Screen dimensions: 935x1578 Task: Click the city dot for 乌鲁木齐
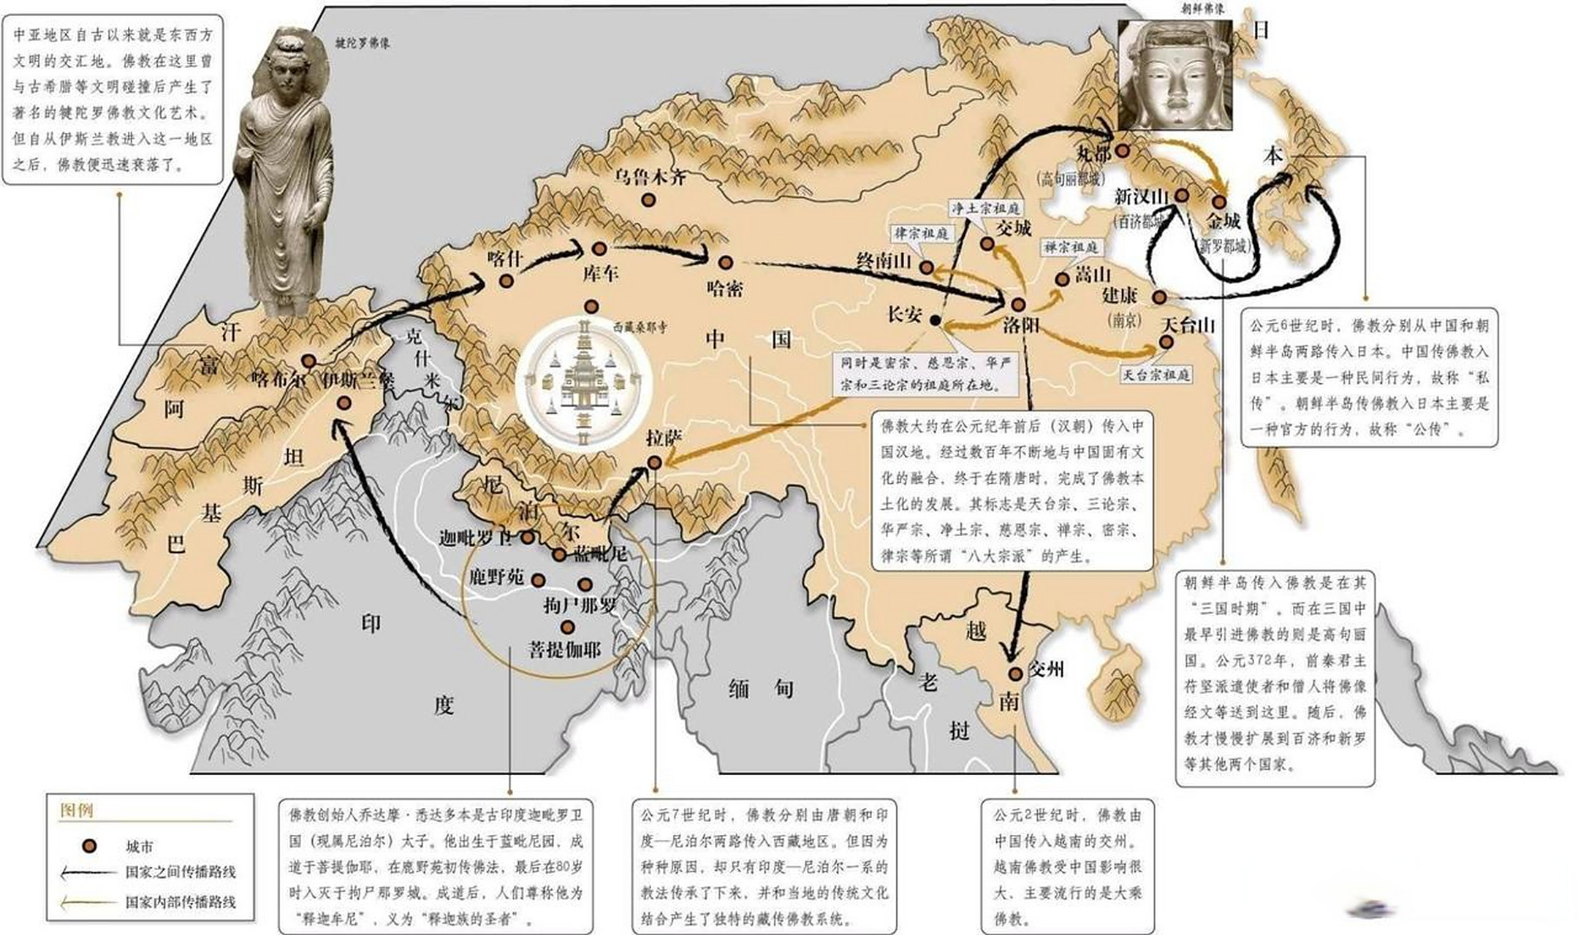648,199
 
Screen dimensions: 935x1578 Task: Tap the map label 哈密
725,289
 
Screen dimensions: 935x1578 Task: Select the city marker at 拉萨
655,462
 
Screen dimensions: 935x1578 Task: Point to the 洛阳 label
1021,324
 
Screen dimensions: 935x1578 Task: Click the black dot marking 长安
935,320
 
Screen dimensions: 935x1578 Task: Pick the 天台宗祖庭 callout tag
1156,375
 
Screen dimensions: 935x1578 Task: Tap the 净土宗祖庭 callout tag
985,208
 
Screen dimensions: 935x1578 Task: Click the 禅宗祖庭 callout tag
1071,248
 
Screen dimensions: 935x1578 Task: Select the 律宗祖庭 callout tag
921,234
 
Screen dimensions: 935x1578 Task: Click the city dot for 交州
1014,673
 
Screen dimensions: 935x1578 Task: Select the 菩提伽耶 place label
564,649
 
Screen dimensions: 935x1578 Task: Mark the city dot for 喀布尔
309,361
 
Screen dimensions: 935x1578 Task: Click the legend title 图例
77,810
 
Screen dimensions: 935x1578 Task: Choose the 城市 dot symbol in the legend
89,846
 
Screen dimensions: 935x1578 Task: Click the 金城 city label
1224,221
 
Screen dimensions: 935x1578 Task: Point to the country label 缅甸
761,688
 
